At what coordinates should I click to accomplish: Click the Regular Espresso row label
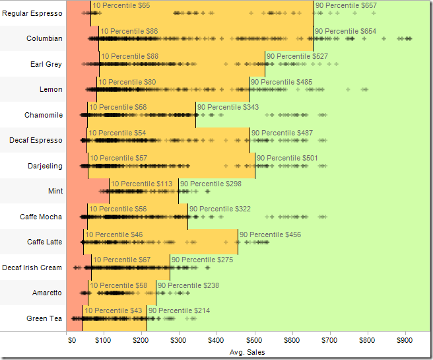[x=32, y=13]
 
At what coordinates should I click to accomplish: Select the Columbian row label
[x=44, y=38]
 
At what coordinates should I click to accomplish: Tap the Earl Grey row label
[x=46, y=64]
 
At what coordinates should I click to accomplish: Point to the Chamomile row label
[x=44, y=115]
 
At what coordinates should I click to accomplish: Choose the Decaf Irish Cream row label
[x=32, y=268]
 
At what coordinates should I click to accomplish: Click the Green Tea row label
[x=44, y=318]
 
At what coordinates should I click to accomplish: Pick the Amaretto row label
[x=47, y=293]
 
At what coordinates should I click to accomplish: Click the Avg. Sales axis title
[x=248, y=353]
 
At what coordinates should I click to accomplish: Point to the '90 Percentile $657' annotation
[x=347, y=5]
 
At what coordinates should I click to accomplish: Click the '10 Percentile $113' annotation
[x=141, y=184]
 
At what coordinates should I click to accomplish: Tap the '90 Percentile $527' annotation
[x=297, y=56]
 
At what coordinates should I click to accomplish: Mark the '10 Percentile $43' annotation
[x=113, y=310]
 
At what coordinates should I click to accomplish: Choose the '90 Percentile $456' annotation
[x=270, y=234]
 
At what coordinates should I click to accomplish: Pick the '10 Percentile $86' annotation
[x=129, y=31]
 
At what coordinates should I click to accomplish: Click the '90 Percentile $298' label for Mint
[x=211, y=184]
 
